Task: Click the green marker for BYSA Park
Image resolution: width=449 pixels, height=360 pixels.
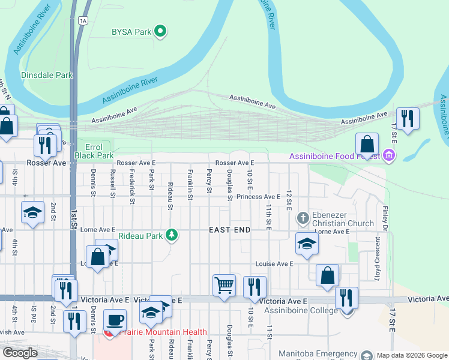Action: pyautogui.click(x=160, y=31)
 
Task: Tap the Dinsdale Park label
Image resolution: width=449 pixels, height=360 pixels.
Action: pyautogui.click(x=47, y=76)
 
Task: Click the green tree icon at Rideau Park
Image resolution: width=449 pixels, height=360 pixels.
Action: pyautogui.click(x=172, y=235)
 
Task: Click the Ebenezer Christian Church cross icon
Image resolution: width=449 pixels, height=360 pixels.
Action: pyautogui.click(x=303, y=217)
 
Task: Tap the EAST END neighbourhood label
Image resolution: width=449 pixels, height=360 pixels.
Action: pyautogui.click(x=229, y=230)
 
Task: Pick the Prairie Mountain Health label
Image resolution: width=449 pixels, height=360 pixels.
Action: pyautogui.click(x=163, y=332)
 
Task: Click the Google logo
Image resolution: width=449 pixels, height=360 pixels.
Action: pyautogui.click(x=20, y=353)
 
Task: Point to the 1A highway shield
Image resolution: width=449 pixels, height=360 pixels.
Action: pyautogui.click(x=83, y=20)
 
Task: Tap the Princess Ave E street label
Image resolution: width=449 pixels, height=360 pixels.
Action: pyautogui.click(x=258, y=197)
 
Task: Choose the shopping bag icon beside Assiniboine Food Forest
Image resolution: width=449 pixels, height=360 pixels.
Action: pyautogui.click(x=367, y=144)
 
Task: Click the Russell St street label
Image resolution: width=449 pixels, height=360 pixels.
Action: pyautogui.click(x=112, y=184)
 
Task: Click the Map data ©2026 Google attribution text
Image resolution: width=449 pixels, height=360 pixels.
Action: pyautogui.click(x=411, y=355)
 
